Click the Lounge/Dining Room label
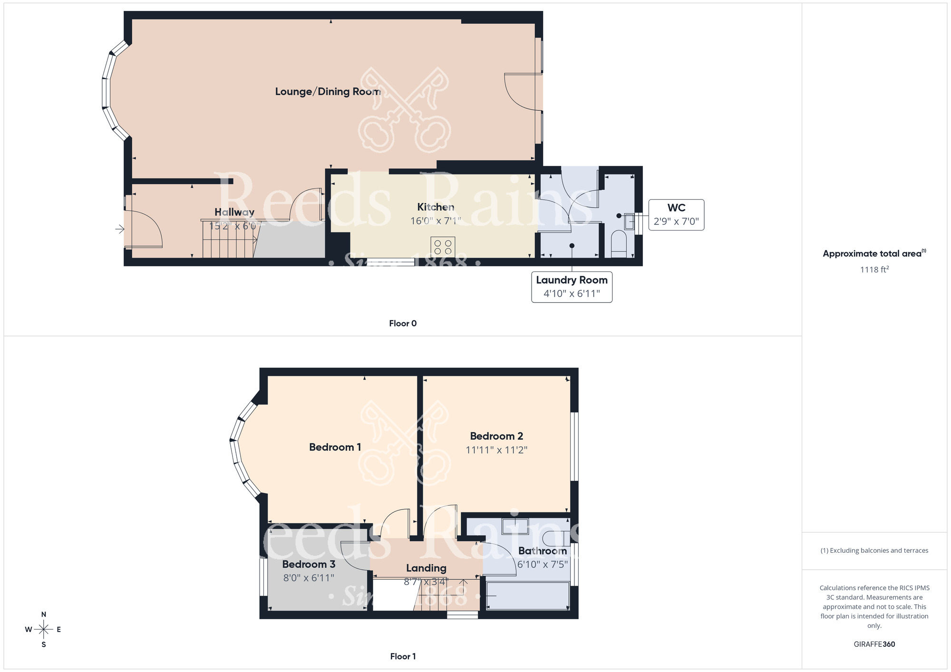coord(328,92)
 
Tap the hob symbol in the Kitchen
coord(443,247)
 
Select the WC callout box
coord(676,215)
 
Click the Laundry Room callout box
coord(572,287)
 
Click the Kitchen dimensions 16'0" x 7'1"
coord(436,221)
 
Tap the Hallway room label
coord(234,212)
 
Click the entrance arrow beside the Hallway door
coord(119,230)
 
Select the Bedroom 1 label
coord(335,447)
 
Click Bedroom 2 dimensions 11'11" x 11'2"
coord(496,450)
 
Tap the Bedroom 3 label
coord(309,564)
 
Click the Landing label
coord(426,568)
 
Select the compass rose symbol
coord(43,630)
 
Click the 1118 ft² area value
coord(874,269)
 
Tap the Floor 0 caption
coord(403,324)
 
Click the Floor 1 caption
coord(403,656)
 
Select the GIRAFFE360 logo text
coord(874,644)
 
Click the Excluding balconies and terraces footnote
coord(874,550)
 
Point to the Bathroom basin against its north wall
coord(515,526)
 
